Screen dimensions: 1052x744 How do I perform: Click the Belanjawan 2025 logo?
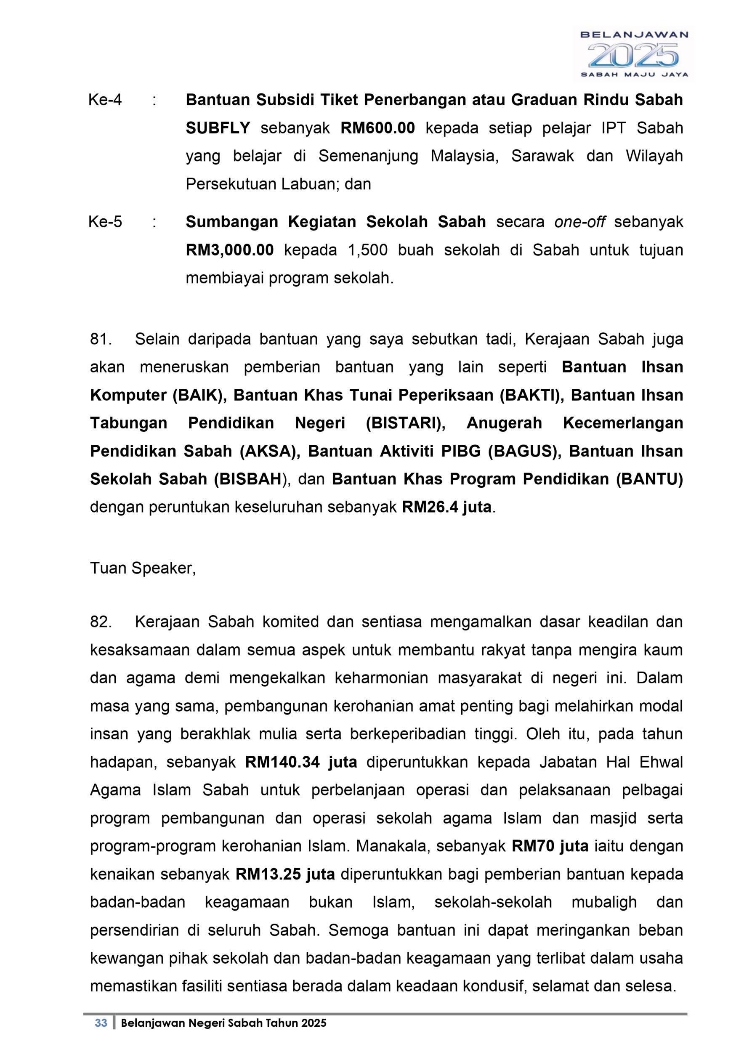(634, 54)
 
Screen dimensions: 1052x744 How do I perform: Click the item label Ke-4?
(105, 100)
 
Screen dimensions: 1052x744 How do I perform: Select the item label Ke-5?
(105, 222)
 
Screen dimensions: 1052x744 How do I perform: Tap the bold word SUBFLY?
(218, 128)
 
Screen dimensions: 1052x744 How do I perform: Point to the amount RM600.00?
(377, 128)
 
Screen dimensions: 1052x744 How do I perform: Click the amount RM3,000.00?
(229, 250)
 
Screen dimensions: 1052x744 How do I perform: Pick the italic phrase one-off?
(579, 222)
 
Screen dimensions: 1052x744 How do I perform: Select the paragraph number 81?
(101, 339)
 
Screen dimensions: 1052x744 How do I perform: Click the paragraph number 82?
(101, 622)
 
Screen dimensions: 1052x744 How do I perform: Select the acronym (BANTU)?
(649, 479)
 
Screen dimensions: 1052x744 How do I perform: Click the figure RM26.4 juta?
(446, 507)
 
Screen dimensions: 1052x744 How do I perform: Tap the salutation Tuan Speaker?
(143, 568)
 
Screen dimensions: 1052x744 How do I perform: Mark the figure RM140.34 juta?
(301, 762)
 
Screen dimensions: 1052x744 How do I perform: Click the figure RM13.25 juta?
(285, 874)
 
